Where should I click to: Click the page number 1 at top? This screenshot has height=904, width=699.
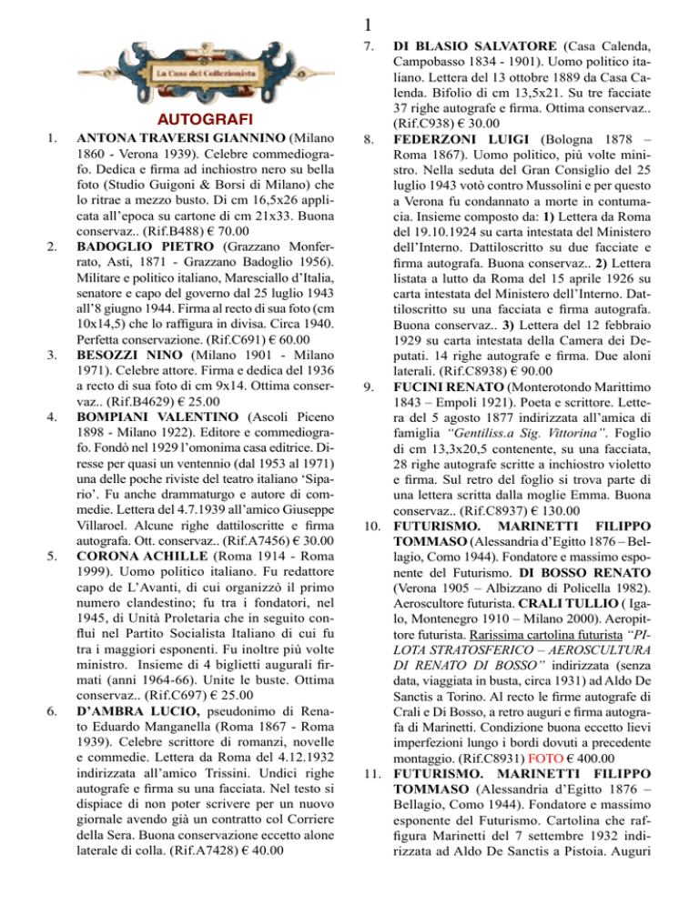[349, 15]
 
